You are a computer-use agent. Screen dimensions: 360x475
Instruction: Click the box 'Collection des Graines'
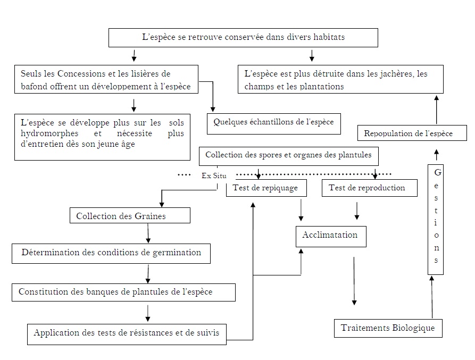130,216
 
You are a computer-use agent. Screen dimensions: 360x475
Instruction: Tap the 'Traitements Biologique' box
388,328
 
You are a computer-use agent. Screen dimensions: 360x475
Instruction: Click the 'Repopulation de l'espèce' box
408,133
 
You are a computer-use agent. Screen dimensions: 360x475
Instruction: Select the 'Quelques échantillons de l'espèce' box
273,122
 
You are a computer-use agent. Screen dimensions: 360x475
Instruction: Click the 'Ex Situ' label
214,175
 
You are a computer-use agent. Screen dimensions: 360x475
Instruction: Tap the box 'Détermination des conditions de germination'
111,253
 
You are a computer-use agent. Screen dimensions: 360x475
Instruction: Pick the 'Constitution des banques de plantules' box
123,292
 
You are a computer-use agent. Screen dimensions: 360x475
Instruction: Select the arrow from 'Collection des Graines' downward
148,232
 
